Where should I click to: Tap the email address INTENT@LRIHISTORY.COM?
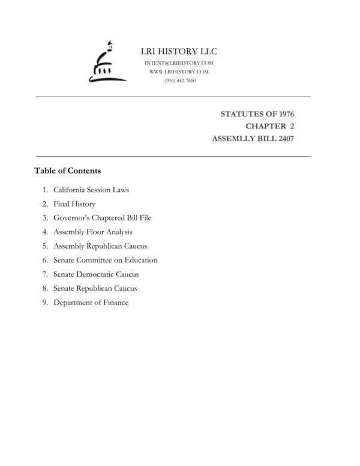pyautogui.click(x=178, y=63)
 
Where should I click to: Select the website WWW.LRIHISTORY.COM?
pyautogui.click(x=178, y=71)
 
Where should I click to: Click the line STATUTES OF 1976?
pyautogui.click(x=257, y=113)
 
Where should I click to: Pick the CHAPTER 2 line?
pyautogui.click(x=270, y=126)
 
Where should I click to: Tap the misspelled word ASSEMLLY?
pyautogui.click(x=233, y=139)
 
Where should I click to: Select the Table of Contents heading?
pyautogui.click(x=67, y=171)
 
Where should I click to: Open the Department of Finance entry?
pyautogui.click(x=91, y=303)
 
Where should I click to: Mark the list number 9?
pyautogui.click(x=44, y=303)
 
